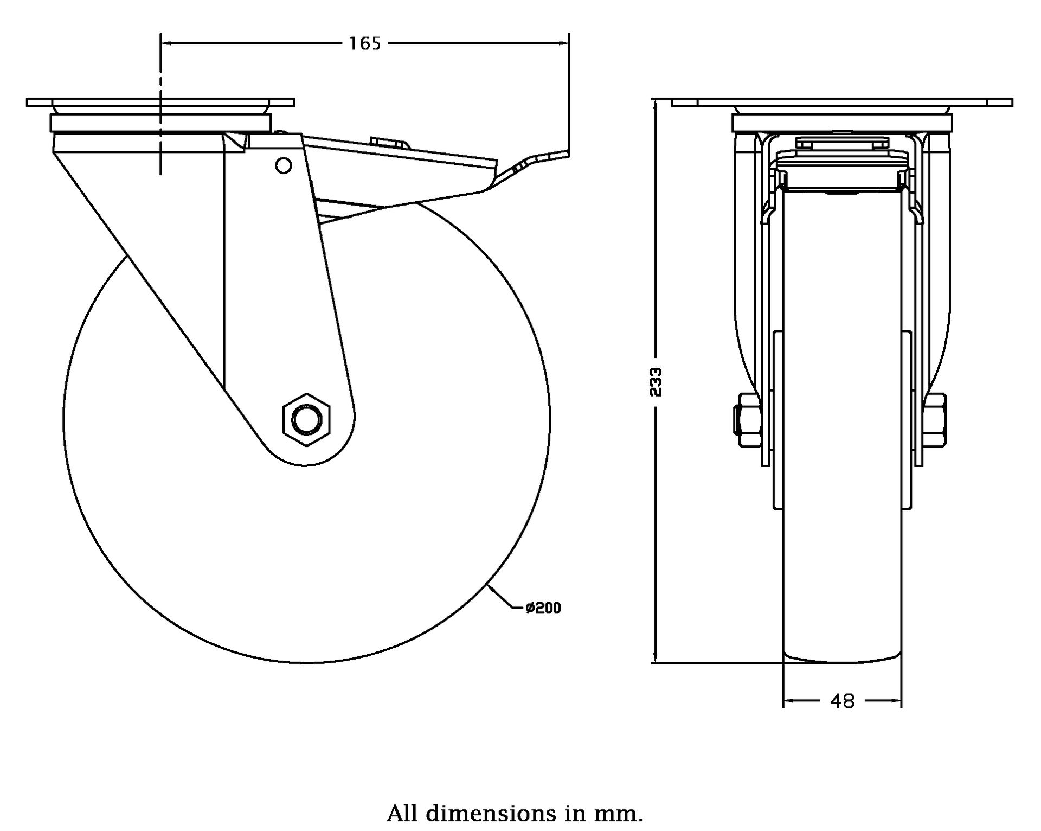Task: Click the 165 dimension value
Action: tap(365, 43)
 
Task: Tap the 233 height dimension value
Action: tap(656, 382)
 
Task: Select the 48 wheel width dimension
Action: tap(842, 701)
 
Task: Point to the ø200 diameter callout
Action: tap(543, 608)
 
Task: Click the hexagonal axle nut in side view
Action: tap(307, 420)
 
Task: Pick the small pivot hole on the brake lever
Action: tap(283, 165)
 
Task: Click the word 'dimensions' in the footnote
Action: tap(491, 814)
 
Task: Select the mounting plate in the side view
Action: tap(160, 103)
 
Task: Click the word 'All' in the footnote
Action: tap(402, 814)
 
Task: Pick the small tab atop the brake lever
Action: tap(389, 142)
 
